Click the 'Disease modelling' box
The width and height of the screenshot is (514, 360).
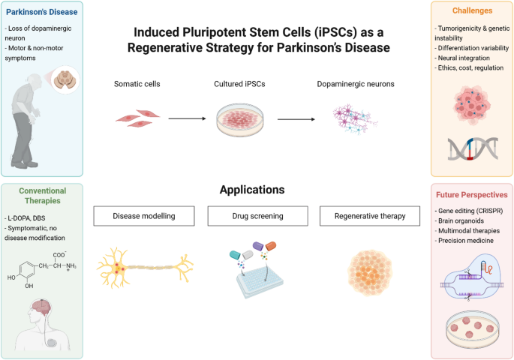click(x=144, y=216)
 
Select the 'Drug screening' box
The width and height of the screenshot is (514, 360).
click(x=257, y=216)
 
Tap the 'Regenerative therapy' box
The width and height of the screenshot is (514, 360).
click(x=370, y=216)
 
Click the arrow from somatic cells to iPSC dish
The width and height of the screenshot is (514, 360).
click(x=187, y=118)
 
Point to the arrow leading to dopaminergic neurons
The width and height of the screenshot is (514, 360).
click(x=296, y=119)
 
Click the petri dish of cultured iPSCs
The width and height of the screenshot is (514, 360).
click(x=240, y=120)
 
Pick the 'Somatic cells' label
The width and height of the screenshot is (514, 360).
click(x=137, y=84)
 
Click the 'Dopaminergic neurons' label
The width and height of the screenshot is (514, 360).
click(x=356, y=84)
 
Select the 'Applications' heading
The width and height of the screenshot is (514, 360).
click(x=252, y=190)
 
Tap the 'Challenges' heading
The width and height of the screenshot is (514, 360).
click(x=473, y=10)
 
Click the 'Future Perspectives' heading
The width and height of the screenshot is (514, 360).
click(x=472, y=195)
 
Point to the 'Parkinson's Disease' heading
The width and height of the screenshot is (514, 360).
click(x=41, y=12)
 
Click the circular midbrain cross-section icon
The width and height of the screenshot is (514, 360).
click(x=65, y=80)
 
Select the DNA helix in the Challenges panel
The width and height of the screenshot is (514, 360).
click(x=473, y=148)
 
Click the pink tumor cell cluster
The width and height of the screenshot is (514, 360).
click(x=472, y=105)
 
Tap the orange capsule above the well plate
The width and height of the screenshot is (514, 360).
click(x=271, y=246)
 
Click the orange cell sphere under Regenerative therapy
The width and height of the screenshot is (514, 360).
click(x=370, y=273)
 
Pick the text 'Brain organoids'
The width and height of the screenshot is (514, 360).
click(x=461, y=220)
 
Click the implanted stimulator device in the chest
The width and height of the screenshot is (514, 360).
click(x=52, y=343)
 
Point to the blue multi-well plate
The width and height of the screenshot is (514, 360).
click(x=260, y=281)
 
